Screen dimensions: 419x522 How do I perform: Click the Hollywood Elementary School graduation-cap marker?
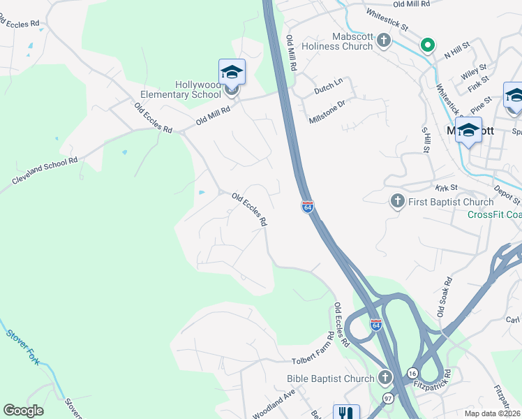pyautogui.click(x=232, y=73)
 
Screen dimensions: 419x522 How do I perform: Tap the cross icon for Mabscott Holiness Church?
pyautogui.click(x=383, y=41)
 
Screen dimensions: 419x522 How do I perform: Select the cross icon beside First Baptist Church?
pyautogui.click(x=397, y=202)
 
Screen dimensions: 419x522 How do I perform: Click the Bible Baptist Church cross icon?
pyautogui.click(x=385, y=378)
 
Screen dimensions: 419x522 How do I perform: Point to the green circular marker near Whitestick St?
pyautogui.click(x=427, y=46)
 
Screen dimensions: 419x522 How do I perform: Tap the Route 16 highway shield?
pyautogui.click(x=412, y=374)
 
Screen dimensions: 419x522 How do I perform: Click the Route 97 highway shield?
pyautogui.click(x=388, y=397)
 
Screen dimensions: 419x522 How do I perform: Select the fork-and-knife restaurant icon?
pyautogui.click(x=346, y=412)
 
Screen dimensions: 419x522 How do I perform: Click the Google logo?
pyautogui.click(x=23, y=411)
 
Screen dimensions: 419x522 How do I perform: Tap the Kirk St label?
pyautogui.click(x=445, y=188)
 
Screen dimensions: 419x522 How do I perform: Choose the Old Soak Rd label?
pyautogui.click(x=444, y=297)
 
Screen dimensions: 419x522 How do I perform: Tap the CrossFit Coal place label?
pyautogui.click(x=494, y=214)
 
